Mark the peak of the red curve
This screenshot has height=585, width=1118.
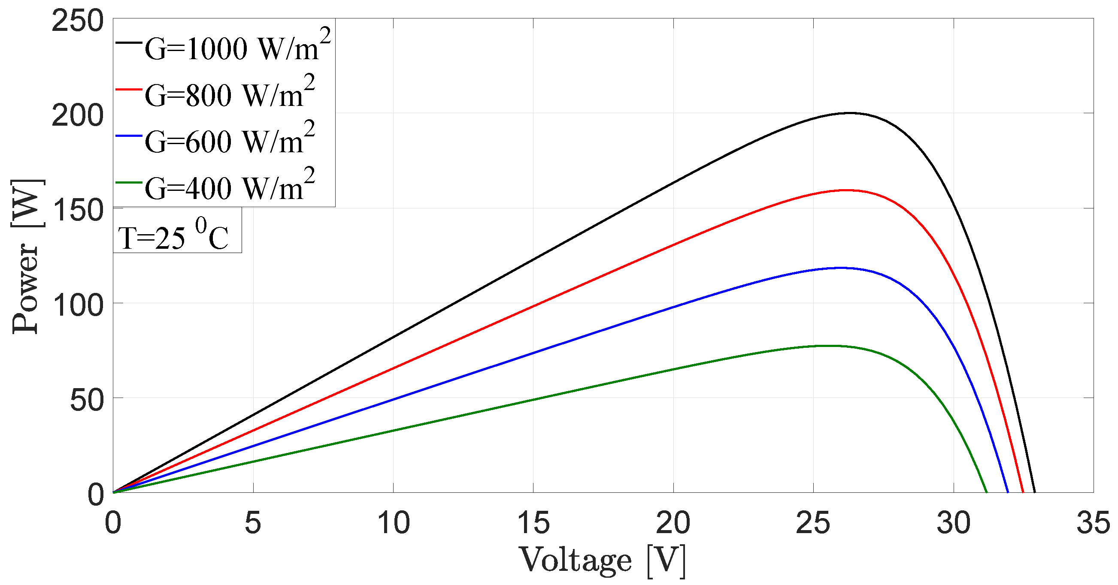tap(846, 190)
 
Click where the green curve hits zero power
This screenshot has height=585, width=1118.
tap(987, 492)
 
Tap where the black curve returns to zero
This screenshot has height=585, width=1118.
tap(1035, 492)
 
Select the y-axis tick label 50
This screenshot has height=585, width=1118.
tap(87, 400)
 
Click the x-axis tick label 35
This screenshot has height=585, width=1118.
tap(1093, 523)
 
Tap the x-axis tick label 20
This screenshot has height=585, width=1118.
tap(673, 523)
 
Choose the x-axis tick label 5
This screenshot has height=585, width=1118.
tap(253, 523)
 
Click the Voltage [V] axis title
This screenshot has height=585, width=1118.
tap(603, 560)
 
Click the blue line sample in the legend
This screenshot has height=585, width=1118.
tap(128, 136)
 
